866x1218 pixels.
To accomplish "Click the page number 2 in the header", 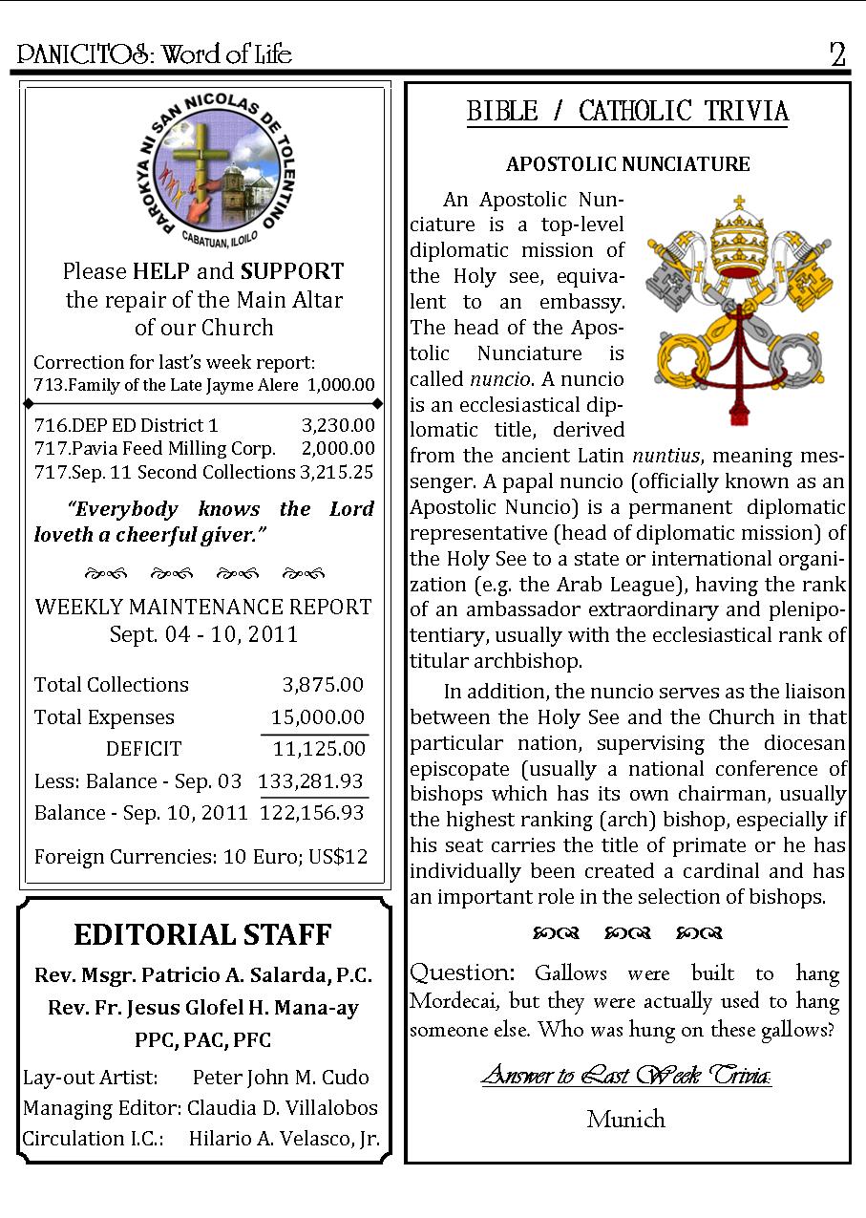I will [x=837, y=55].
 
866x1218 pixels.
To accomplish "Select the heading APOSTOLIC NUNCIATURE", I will [x=627, y=164].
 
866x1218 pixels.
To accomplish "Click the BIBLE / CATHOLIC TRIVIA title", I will [x=627, y=112].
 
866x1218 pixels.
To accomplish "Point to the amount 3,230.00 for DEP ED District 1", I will [x=338, y=426].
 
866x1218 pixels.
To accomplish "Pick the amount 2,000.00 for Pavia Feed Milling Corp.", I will [x=338, y=449].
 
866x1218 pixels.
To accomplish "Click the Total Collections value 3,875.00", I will [x=323, y=685].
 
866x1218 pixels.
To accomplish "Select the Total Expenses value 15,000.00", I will [x=317, y=717].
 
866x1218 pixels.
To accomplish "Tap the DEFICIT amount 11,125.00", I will [x=319, y=749].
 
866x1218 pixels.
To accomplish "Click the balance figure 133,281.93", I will [x=311, y=781].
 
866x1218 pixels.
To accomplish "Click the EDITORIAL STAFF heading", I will [x=203, y=934].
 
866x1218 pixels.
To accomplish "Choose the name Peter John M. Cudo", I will [x=281, y=1078].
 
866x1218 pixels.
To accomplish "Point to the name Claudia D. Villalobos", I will [x=283, y=1108].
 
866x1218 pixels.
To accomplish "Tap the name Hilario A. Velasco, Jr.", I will [x=285, y=1139].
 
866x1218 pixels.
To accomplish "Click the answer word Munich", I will [x=626, y=1120].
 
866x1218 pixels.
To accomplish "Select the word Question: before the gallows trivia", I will [x=463, y=973].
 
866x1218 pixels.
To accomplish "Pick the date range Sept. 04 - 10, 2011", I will [x=203, y=634].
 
